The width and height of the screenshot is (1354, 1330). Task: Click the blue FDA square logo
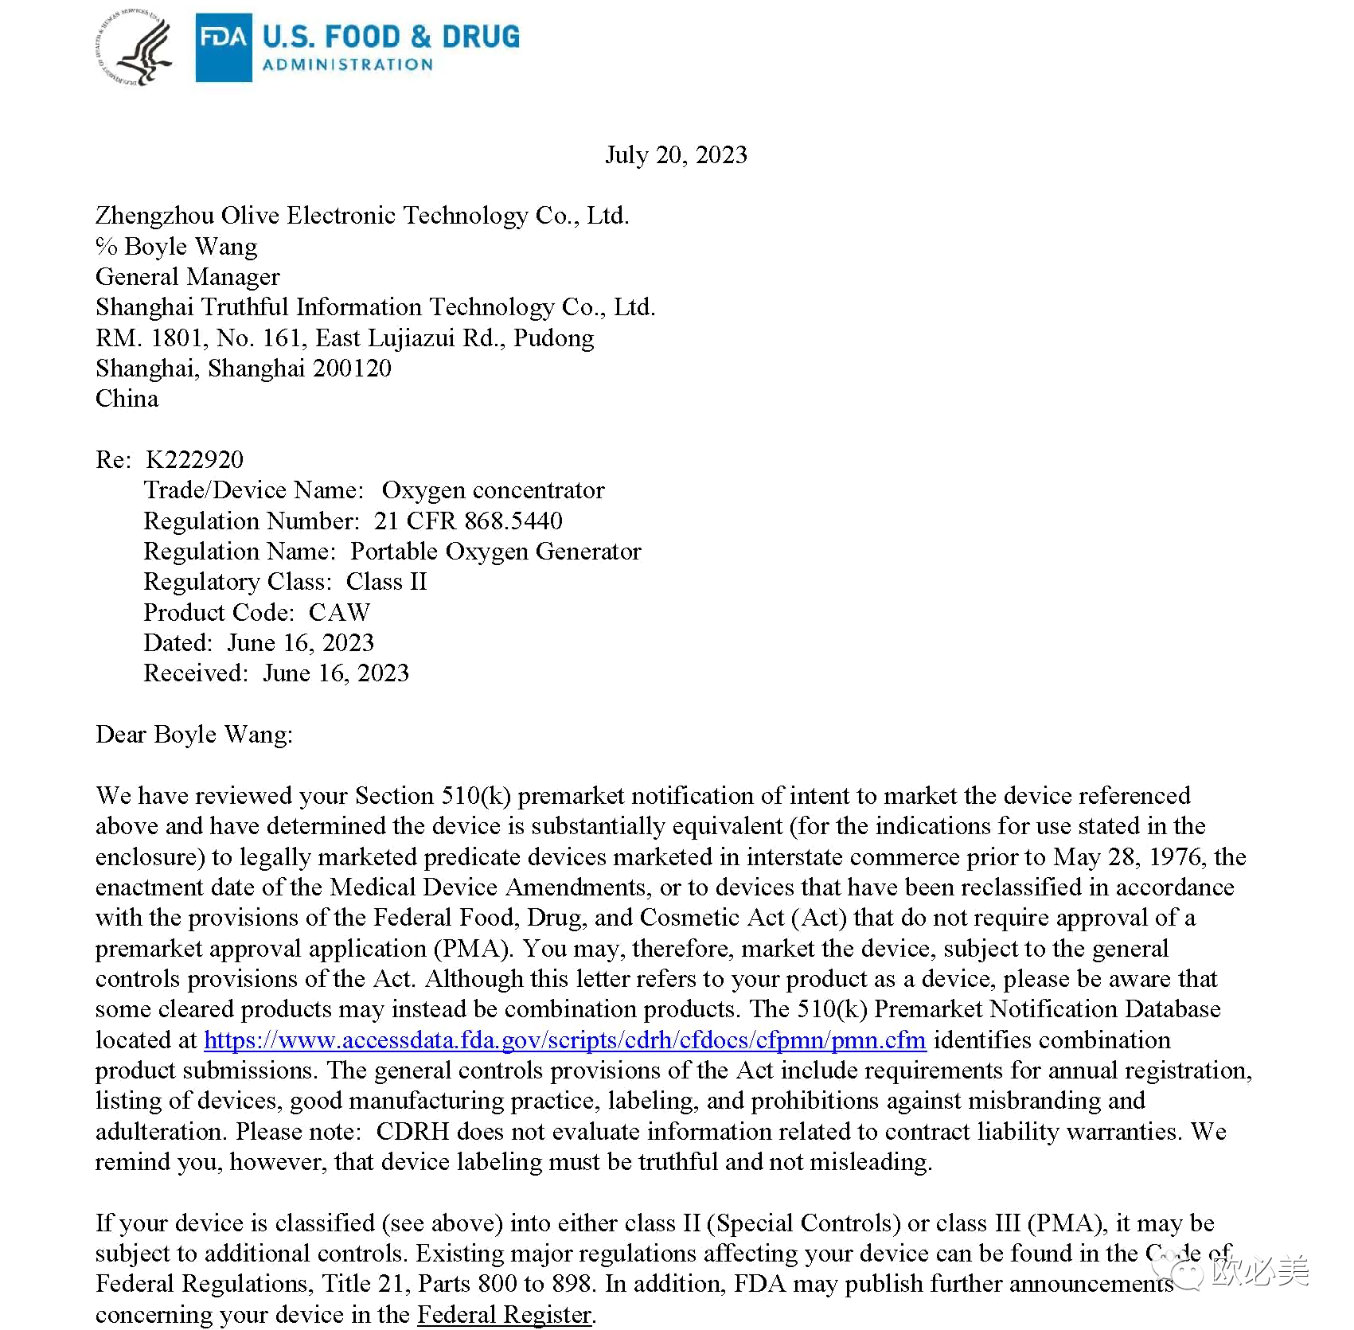tap(224, 48)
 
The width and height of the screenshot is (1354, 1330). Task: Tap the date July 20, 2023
tap(676, 154)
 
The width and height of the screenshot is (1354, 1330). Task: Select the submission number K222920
tap(195, 459)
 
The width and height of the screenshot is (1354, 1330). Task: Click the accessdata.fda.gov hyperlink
tap(564, 1039)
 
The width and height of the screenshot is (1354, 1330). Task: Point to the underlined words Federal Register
tap(505, 1314)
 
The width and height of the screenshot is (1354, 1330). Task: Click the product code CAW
tap(339, 612)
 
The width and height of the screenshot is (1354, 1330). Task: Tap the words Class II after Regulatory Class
tap(386, 582)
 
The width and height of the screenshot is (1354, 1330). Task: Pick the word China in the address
tap(127, 398)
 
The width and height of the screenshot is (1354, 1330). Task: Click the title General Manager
tap(188, 276)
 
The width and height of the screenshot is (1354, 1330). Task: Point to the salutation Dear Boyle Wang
tap(193, 734)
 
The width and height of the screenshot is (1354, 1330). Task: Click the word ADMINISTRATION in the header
tap(348, 65)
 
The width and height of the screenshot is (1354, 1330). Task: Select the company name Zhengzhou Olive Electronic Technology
tap(362, 215)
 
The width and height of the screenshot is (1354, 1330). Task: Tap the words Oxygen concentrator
tap(493, 490)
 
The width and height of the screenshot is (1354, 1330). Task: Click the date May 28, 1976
tap(1130, 856)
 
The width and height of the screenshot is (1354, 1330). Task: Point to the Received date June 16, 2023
tap(335, 673)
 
